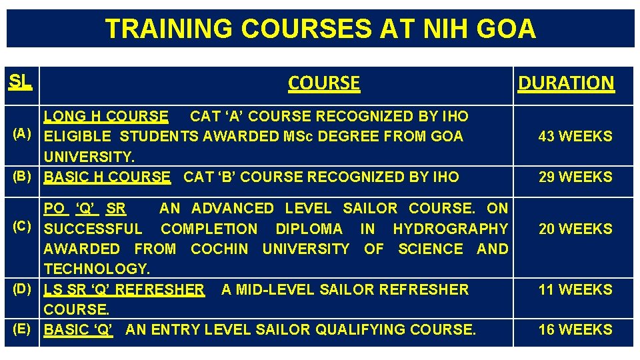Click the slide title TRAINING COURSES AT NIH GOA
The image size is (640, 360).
(x=320, y=29)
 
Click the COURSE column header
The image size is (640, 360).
(x=324, y=83)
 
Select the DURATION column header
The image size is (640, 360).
(x=566, y=83)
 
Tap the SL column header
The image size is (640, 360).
(x=20, y=81)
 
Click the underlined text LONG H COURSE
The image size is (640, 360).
(x=106, y=117)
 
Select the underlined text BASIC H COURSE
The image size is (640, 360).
(x=107, y=177)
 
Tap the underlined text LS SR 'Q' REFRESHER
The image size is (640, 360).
(x=124, y=290)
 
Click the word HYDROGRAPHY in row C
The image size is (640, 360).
(x=450, y=229)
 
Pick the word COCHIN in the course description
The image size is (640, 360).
(x=219, y=249)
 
